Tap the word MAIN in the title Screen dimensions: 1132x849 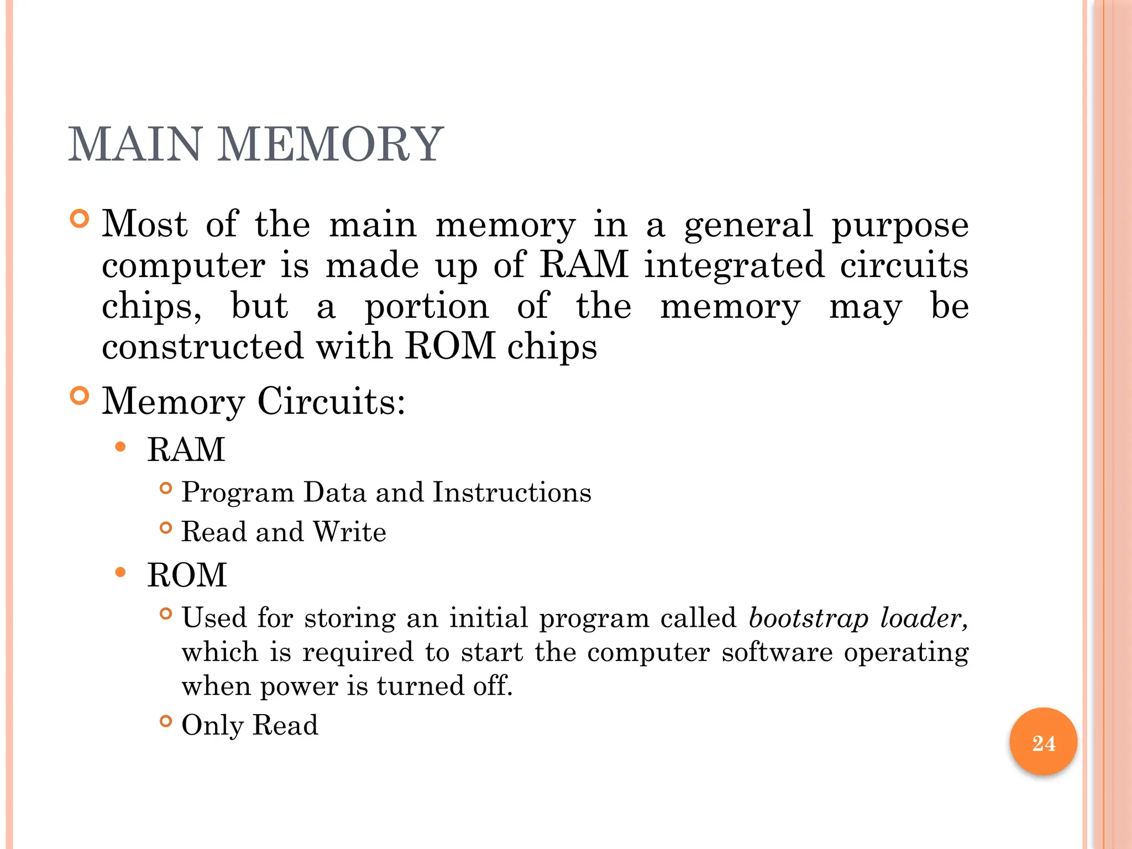point(135,144)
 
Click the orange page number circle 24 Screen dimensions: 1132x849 point(1043,742)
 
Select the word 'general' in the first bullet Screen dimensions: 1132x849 point(748,226)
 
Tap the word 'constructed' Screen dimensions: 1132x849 point(202,347)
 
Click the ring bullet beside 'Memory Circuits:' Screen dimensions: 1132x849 point(80,396)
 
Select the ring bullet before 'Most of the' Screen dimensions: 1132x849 point(80,219)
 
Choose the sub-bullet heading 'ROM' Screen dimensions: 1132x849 point(187,575)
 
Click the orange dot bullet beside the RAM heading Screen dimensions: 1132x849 point(120,447)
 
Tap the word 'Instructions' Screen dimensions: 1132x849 point(511,492)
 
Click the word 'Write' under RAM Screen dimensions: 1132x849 point(349,532)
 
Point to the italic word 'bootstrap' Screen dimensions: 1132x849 point(808,619)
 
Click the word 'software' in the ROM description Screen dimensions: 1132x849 point(777,652)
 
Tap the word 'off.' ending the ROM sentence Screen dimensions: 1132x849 point(493,686)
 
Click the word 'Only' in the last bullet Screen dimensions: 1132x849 point(212,725)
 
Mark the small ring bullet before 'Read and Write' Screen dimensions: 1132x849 point(165,528)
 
